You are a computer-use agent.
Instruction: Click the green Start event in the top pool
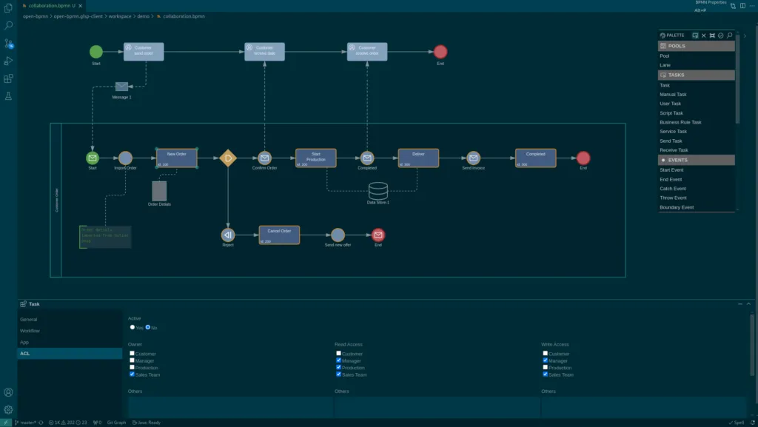click(96, 52)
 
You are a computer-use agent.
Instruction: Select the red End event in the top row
click(440, 52)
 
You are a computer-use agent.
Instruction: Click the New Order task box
click(177, 158)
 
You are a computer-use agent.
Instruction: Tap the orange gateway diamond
click(228, 158)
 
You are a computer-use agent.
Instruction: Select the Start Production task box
click(316, 158)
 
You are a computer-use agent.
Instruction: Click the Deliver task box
click(418, 158)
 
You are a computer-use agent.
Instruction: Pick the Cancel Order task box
click(279, 235)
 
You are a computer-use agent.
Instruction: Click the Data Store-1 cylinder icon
click(378, 190)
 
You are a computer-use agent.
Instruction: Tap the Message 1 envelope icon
click(122, 87)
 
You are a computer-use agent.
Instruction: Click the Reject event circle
click(228, 235)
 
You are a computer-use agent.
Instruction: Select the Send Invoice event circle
click(474, 158)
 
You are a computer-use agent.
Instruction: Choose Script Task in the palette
click(671, 113)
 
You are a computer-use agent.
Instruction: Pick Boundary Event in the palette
click(677, 207)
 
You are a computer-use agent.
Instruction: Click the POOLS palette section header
click(697, 46)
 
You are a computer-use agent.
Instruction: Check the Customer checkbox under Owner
click(132, 354)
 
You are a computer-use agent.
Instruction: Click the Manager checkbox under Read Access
click(339, 360)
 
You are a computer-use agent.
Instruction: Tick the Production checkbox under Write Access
click(546, 368)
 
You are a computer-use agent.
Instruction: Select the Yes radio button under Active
click(133, 327)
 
